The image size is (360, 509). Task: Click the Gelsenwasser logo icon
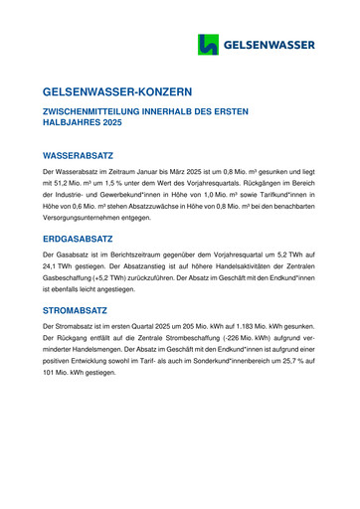tap(209, 45)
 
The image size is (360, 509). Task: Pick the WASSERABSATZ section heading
tap(79, 156)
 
